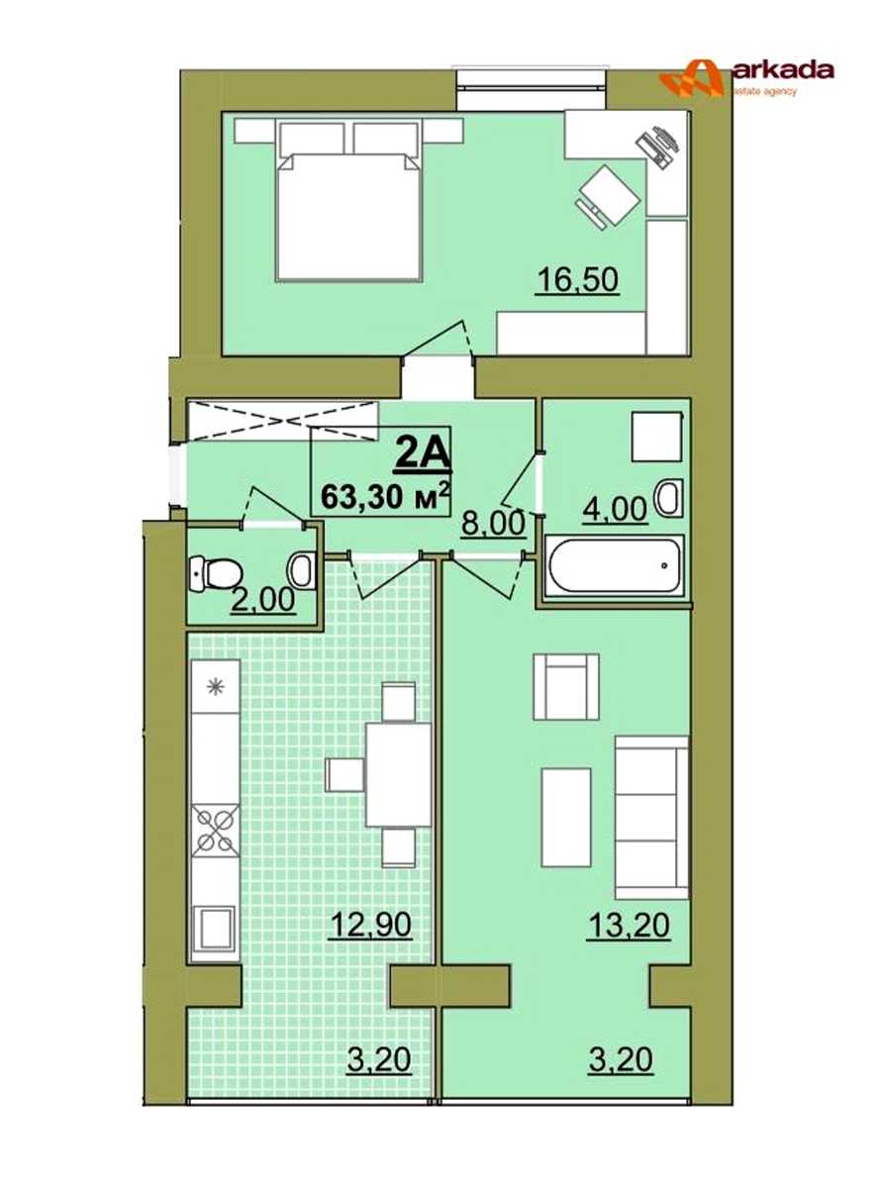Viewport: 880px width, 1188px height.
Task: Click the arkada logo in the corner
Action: tap(745, 77)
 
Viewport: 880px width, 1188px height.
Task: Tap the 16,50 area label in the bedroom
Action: tap(578, 280)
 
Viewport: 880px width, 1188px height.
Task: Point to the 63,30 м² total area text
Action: tap(384, 496)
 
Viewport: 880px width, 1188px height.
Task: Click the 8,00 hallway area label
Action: tap(493, 524)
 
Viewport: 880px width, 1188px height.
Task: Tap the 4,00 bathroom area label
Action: tap(615, 510)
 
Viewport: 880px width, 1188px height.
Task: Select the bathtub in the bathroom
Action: tap(614, 565)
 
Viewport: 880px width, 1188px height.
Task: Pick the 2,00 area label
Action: tap(263, 599)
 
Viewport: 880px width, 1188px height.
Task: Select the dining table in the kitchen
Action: tap(398, 774)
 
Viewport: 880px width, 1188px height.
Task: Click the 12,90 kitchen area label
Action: tap(371, 925)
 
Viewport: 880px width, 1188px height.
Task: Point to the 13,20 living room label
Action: tap(629, 925)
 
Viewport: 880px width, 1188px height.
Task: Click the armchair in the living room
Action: tap(565, 687)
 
